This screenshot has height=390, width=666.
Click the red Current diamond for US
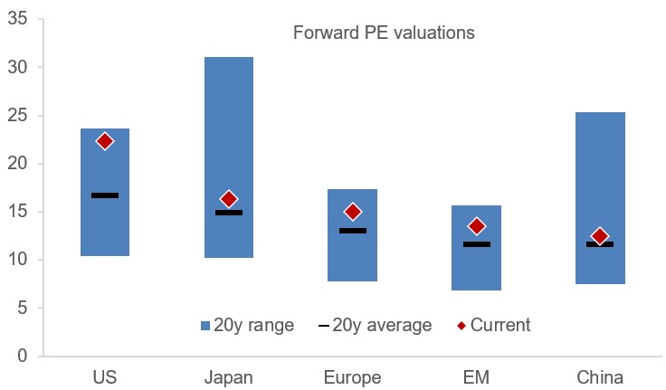[x=105, y=141]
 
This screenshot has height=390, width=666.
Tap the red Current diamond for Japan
[x=229, y=199]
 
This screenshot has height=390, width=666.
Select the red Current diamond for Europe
[x=353, y=212]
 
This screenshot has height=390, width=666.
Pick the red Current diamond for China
[x=599, y=237]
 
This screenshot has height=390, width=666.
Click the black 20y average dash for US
[x=105, y=195]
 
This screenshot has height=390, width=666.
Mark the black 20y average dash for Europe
[x=353, y=231]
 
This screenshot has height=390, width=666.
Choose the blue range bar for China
[x=600, y=163]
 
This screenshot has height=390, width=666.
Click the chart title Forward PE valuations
[x=385, y=33]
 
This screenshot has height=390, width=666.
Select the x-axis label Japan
[x=229, y=376]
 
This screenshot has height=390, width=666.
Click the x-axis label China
[x=600, y=376]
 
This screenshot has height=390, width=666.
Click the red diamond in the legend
[x=461, y=325]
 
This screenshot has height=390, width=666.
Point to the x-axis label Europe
[x=353, y=376]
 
